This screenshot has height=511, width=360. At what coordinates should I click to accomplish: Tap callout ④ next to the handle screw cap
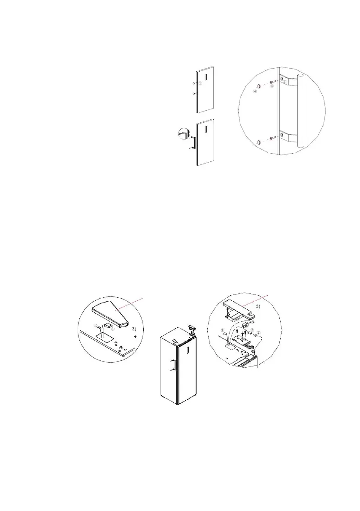click(256, 91)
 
